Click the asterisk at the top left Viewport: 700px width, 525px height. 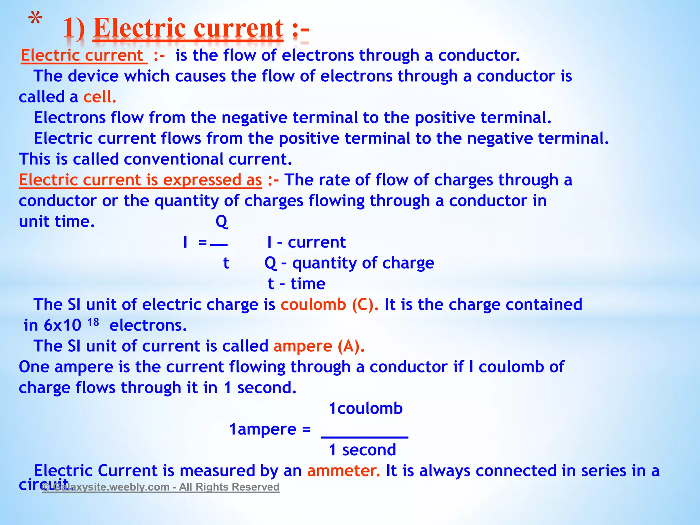[35, 19]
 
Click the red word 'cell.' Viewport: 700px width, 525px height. [100, 97]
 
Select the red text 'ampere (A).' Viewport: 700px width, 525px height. [319, 346]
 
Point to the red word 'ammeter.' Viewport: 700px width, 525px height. [343, 471]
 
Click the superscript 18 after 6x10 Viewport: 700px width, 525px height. [93, 322]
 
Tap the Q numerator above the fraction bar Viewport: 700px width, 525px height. [221, 222]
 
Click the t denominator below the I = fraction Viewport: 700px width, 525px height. [226, 263]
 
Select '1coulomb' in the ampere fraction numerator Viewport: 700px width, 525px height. [366, 408]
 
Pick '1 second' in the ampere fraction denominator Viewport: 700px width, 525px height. [362, 450]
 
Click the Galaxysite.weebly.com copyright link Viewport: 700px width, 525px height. [161, 487]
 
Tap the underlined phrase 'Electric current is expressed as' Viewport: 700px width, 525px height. [140, 180]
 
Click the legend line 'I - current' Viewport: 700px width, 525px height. [307, 242]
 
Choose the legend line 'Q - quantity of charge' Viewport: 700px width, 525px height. [349, 263]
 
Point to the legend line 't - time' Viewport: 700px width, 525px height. [296, 284]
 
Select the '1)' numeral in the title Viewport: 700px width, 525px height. [74, 29]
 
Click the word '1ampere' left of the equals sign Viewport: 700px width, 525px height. [262, 429]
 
